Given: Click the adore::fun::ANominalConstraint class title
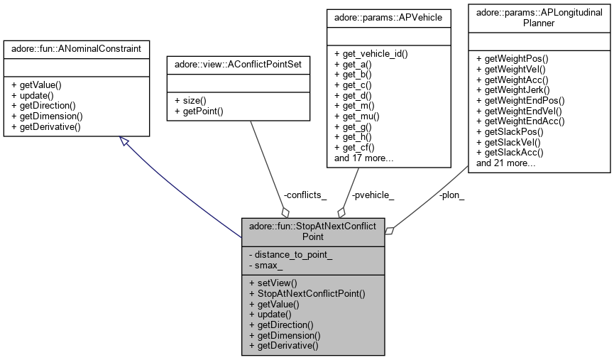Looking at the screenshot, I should click(x=76, y=48).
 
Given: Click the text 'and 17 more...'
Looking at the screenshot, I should click(x=363, y=158).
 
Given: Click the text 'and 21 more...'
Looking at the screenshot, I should click(x=505, y=163).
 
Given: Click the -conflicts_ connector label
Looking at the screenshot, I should click(x=305, y=195).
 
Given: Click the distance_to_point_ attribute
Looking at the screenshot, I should click(x=292, y=255).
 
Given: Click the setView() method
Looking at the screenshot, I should click(x=270, y=282).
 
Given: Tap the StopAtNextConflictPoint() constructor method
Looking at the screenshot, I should click(x=307, y=293).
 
